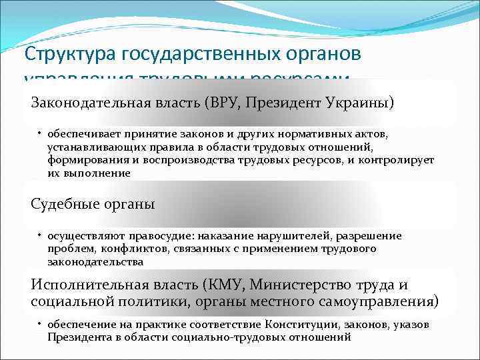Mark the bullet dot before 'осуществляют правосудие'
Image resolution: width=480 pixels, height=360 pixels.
tap(39, 236)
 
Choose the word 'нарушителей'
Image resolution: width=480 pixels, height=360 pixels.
tap(298, 236)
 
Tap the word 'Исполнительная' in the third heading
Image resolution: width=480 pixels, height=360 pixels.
tap(84, 285)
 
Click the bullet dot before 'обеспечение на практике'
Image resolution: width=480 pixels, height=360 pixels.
tap(39, 324)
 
